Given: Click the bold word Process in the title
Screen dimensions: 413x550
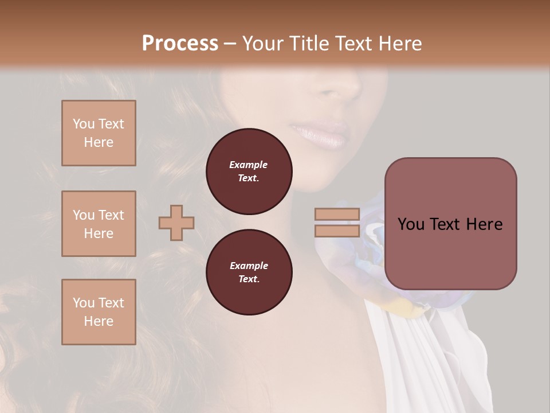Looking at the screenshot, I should click(180, 44).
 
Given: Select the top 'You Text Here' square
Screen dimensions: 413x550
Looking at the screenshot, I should click(99, 133).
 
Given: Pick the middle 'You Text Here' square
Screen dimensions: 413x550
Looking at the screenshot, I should click(99, 224).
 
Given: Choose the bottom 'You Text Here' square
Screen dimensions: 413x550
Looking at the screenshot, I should click(99, 311).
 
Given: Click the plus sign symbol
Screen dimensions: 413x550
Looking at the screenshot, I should click(176, 223).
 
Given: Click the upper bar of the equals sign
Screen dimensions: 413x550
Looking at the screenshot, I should click(337, 214).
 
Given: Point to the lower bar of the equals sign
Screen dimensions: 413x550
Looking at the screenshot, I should click(337, 231).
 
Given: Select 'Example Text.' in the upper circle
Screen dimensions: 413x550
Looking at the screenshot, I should click(249, 171).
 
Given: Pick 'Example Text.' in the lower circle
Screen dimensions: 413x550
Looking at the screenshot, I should click(249, 272).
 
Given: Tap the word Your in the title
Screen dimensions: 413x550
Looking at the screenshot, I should click(263, 44).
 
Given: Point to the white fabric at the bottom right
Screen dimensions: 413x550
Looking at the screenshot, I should click(418, 361).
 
